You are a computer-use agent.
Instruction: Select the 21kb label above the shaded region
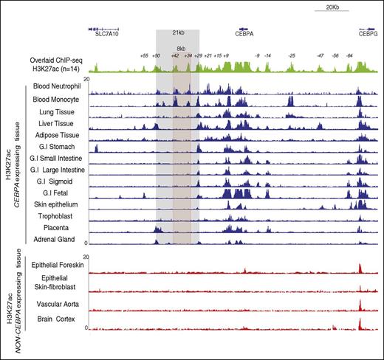coord(177,32)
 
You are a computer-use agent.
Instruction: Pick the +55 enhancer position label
coord(144,55)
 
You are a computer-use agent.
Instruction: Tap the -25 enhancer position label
coord(292,55)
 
